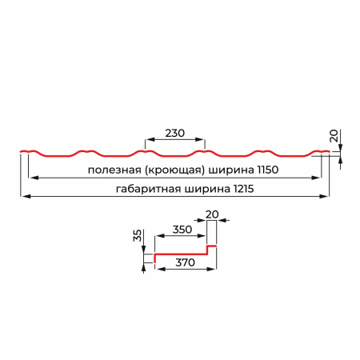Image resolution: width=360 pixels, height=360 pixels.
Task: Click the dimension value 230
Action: pyautogui.click(x=174, y=133)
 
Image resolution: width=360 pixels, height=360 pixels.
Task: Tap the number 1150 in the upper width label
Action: pyautogui.click(x=267, y=170)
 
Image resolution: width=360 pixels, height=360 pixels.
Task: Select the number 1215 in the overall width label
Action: pyautogui.click(x=243, y=189)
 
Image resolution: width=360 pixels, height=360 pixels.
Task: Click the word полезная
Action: pyautogui.click(x=114, y=170)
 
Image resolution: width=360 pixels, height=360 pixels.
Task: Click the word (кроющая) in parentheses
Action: pyautogui.click(x=175, y=170)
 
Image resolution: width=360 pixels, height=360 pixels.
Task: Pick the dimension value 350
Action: pyautogui.click(x=182, y=230)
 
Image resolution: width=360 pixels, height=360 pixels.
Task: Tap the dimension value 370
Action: pyautogui.click(x=185, y=262)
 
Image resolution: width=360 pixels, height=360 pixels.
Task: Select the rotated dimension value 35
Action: pyautogui.click(x=138, y=235)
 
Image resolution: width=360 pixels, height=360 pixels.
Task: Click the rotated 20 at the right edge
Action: pyautogui.click(x=334, y=136)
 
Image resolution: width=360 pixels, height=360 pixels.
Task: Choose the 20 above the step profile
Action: pyautogui.click(x=212, y=214)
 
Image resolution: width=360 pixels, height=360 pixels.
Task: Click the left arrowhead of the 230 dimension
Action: pyautogui.click(x=150, y=139)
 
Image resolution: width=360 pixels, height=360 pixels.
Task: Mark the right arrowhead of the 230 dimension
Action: pyautogui.click(x=200, y=139)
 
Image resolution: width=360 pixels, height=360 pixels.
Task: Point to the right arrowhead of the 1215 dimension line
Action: pyautogui.click(x=324, y=197)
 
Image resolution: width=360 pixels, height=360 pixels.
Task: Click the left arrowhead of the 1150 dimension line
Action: pyautogui.click(x=33, y=178)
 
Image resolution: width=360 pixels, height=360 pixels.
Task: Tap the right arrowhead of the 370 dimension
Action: pyautogui.click(x=211, y=269)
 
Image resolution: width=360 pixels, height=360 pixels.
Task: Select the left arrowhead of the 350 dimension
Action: pyautogui.click(x=159, y=236)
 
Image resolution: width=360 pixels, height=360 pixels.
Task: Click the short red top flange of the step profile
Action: pyautogui.click(x=212, y=246)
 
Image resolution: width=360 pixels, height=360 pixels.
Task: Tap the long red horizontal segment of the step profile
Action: pyautogui.click(x=181, y=254)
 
